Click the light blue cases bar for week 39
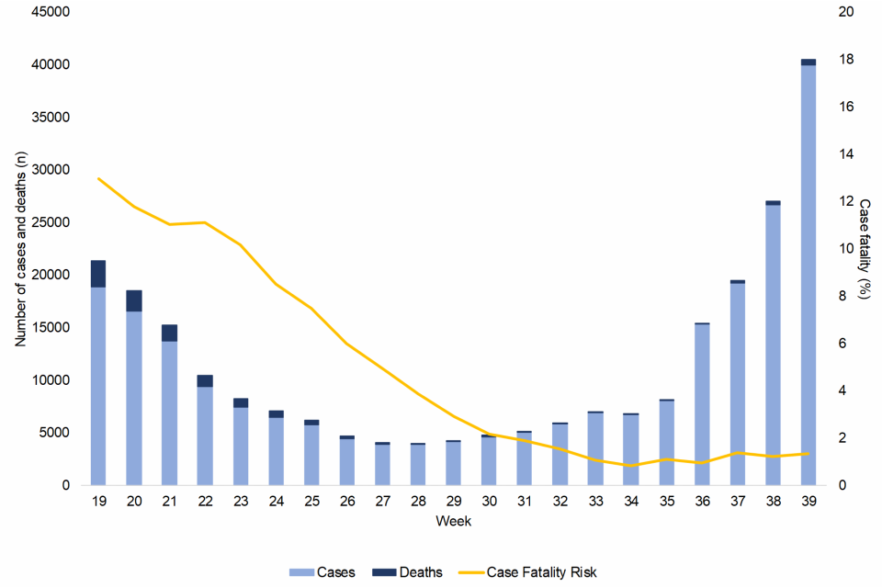808,276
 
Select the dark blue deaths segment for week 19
98,274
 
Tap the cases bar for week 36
702,404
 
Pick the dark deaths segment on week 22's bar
205,380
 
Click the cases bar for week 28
418,464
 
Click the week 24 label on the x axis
276,502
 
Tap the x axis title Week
454,521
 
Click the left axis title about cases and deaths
19,248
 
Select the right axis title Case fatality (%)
864,248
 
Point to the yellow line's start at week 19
98,178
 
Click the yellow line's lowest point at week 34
631,466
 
